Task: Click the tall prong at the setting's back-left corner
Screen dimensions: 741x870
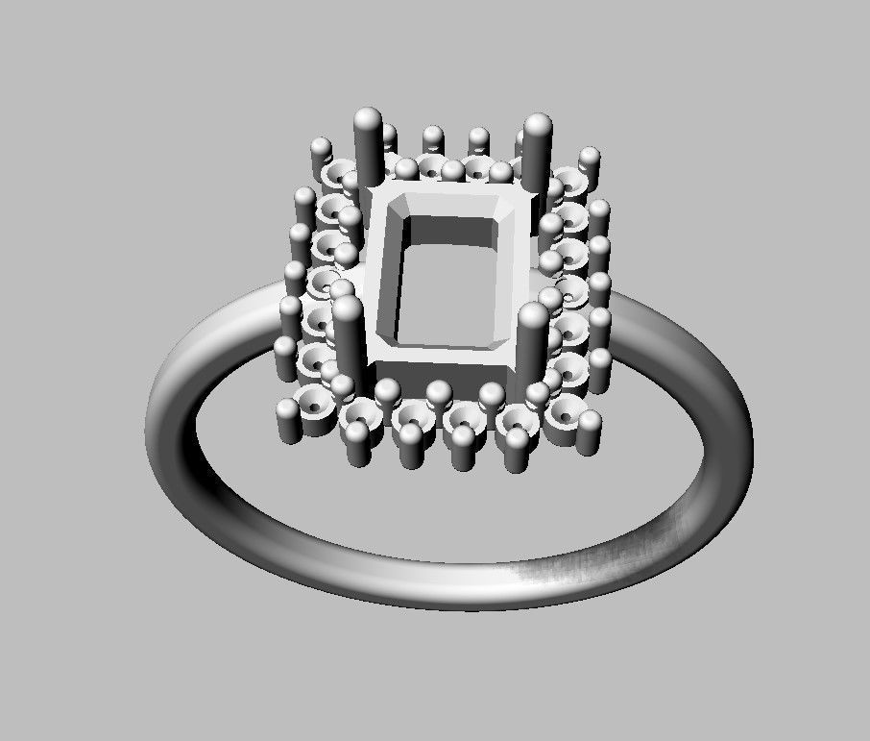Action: pos(368,144)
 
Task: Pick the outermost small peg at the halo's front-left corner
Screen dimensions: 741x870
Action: pos(288,421)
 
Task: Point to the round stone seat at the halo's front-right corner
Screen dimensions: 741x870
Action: pos(566,413)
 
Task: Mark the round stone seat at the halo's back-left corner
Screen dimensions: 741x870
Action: pos(337,174)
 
